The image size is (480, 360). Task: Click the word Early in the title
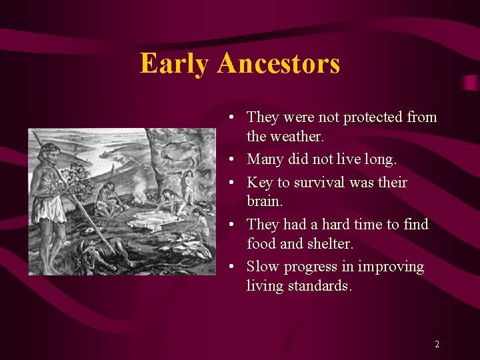point(175,64)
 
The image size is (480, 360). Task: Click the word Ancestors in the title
point(278,64)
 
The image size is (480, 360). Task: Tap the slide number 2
point(437,345)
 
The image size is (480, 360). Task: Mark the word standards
point(318,286)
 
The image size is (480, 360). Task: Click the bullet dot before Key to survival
point(229,183)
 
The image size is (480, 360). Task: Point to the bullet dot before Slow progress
point(229,267)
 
